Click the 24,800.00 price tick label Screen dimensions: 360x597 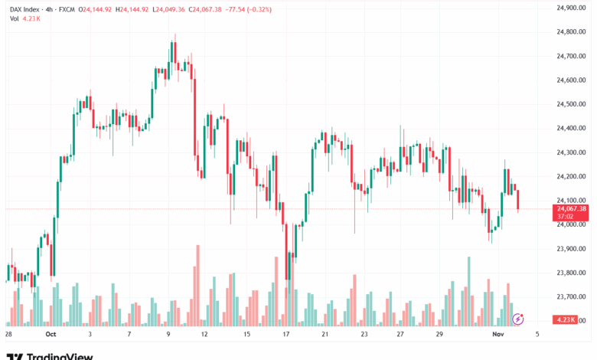pyautogui.click(x=572, y=31)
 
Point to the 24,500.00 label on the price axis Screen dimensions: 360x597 pyautogui.click(x=572, y=103)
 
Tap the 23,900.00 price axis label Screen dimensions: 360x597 pyautogui.click(x=572, y=248)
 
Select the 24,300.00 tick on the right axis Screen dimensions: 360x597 pyautogui.click(x=572, y=152)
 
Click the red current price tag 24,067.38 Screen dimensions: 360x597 pyautogui.click(x=572, y=208)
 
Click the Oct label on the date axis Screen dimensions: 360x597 pyautogui.click(x=51, y=335)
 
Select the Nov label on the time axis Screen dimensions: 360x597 pyautogui.click(x=497, y=335)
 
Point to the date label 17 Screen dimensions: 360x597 pyautogui.click(x=286, y=335)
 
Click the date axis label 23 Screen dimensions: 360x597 pyautogui.click(x=364, y=335)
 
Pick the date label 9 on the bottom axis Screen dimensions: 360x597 pyautogui.click(x=168, y=335)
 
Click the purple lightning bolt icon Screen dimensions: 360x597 pyautogui.click(x=518, y=318)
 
